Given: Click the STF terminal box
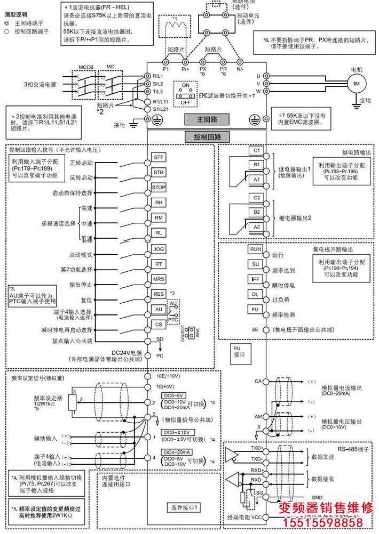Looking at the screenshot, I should click(159, 157).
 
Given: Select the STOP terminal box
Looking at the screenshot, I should click(159, 188).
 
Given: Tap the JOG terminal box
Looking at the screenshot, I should click(159, 249).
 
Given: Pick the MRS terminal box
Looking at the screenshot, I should click(159, 279).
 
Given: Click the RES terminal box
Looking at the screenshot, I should click(159, 294).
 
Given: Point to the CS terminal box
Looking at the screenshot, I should click(159, 324).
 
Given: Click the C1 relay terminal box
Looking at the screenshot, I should click(257, 150).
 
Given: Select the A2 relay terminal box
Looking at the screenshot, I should click(257, 227).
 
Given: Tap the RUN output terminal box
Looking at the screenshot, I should click(255, 249).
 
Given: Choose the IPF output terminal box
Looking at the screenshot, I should click(255, 279).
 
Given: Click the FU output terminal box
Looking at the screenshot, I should click(255, 309).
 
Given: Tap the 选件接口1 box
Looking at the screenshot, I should click(184, 507).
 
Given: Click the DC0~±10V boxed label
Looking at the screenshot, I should click(177, 432).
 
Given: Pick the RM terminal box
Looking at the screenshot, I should click(159, 217).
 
